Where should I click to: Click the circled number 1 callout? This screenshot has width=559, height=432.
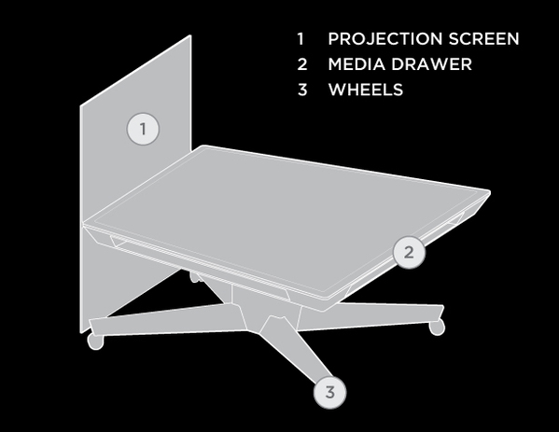pyautogui.click(x=143, y=129)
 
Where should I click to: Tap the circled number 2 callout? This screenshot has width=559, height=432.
pyautogui.click(x=409, y=252)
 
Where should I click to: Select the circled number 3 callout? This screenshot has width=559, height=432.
pyautogui.click(x=329, y=392)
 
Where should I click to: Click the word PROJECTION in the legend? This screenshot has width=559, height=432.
pyautogui.click(x=385, y=39)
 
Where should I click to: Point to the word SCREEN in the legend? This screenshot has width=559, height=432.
pyautogui.click(x=483, y=39)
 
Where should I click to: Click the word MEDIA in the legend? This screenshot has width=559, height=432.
pyautogui.click(x=356, y=64)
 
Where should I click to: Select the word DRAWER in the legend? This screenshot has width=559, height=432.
pyautogui.click(x=431, y=64)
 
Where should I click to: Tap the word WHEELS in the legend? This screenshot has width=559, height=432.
pyautogui.click(x=366, y=90)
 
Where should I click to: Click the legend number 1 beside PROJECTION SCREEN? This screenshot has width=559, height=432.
pyautogui.click(x=300, y=39)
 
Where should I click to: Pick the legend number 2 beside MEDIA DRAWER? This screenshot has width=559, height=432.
pyautogui.click(x=302, y=64)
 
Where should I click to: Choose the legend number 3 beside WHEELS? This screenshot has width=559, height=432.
pyautogui.click(x=302, y=90)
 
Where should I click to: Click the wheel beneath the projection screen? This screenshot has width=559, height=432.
pyautogui.click(x=95, y=341)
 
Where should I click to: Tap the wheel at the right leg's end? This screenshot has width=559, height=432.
pyautogui.click(x=437, y=327)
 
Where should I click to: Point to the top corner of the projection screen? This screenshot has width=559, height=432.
pyautogui.click(x=190, y=35)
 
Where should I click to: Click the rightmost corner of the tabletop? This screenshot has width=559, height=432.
pyautogui.click(x=490, y=193)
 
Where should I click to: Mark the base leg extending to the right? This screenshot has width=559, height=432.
pyautogui.click(x=370, y=316)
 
